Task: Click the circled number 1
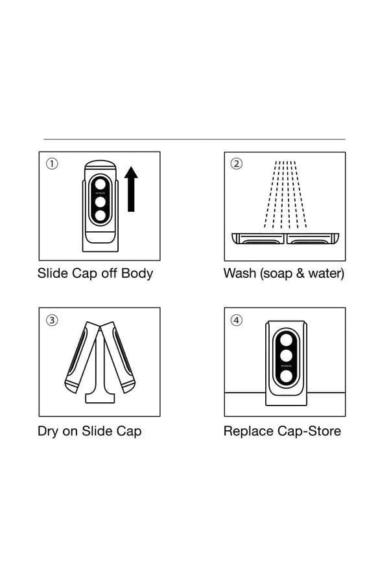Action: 52,164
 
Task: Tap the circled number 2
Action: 237,164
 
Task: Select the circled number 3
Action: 52,320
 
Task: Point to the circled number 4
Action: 237,320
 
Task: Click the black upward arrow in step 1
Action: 131,189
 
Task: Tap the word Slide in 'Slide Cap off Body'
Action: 53,273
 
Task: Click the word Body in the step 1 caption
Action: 137,274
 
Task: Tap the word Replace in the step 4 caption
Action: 248,431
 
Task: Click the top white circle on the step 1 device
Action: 100,184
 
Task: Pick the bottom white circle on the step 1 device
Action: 100,216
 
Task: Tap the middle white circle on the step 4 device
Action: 286,356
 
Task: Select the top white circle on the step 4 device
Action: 286,339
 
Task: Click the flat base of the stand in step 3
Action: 100,398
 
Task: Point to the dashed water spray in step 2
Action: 285,194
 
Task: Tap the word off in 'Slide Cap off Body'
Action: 110,273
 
